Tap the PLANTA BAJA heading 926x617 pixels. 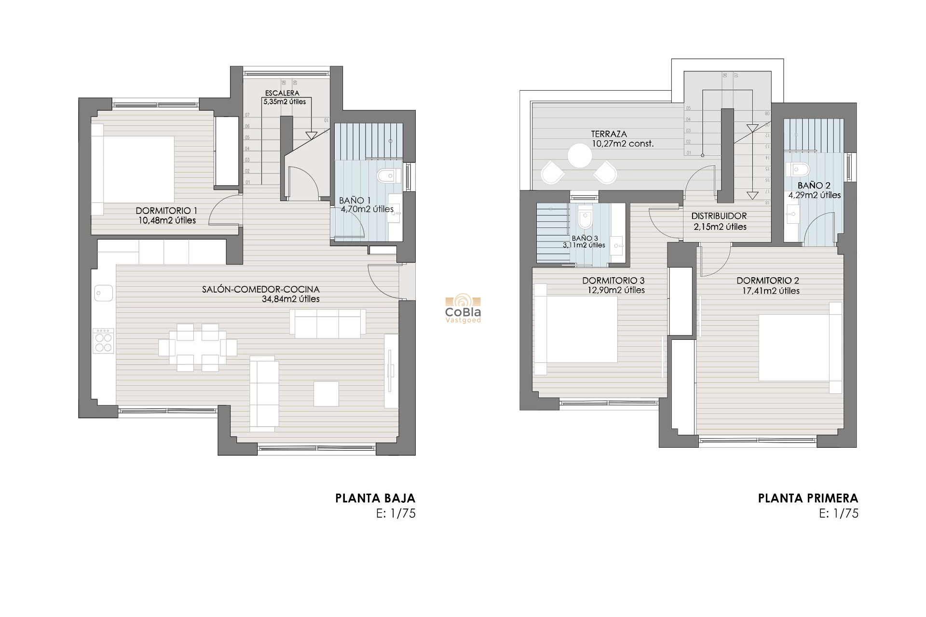tap(375, 498)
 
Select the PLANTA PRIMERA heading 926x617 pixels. tap(808, 498)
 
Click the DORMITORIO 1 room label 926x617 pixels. tap(166, 211)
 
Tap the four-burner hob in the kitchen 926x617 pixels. tap(103, 341)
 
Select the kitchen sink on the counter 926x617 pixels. tap(103, 293)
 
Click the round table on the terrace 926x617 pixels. tap(579, 156)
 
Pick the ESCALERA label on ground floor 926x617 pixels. tap(282, 93)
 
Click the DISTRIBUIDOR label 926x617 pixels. tap(719, 216)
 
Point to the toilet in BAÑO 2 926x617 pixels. tap(799, 169)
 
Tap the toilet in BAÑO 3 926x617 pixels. tap(585, 219)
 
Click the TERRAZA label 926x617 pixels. tap(609, 134)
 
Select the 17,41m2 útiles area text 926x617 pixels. tap(771, 291)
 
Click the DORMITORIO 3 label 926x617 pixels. tap(613, 281)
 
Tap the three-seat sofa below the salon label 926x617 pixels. tap(327, 323)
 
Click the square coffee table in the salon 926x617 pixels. tap(326, 393)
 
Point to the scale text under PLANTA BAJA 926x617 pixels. tap(395, 513)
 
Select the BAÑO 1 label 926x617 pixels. tap(354, 201)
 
